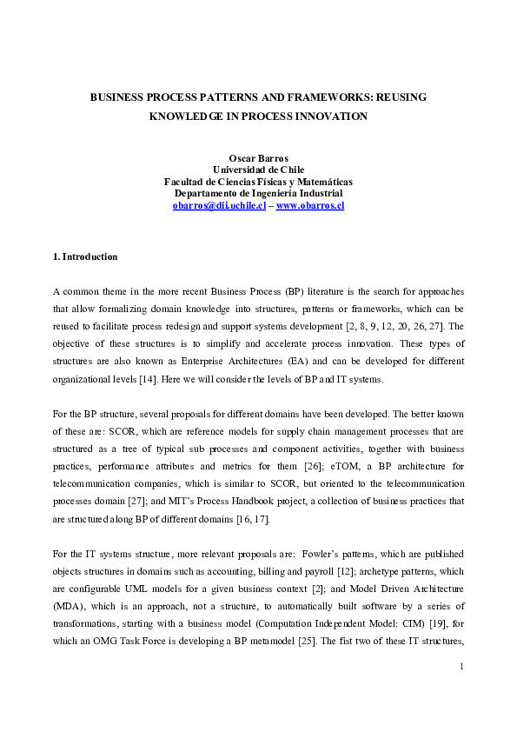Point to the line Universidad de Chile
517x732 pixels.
[x=258, y=170]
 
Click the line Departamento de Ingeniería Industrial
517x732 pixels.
[x=258, y=193]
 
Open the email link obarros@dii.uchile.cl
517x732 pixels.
[x=219, y=206]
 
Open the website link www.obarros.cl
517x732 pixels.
[x=310, y=206]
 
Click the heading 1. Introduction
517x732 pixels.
[x=85, y=256]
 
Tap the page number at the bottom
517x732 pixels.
[x=461, y=666]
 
